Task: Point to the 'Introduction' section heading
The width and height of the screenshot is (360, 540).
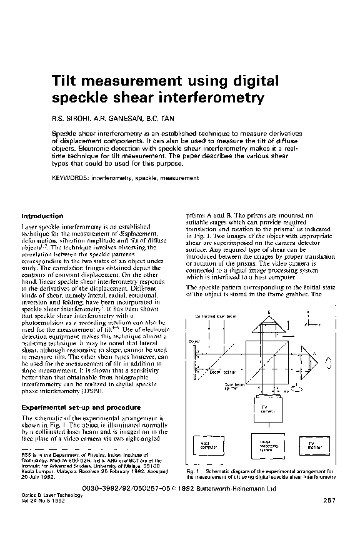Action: (44, 216)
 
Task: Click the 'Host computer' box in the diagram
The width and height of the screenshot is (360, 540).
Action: (207, 445)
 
